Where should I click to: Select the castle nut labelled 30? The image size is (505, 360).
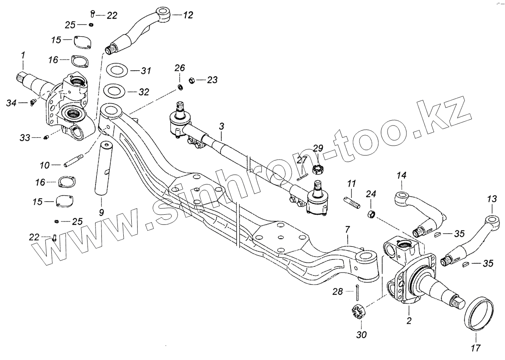click(x=357, y=312)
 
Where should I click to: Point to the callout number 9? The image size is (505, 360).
click(x=101, y=212)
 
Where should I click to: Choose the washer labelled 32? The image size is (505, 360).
click(x=113, y=91)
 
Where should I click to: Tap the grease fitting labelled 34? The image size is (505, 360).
click(x=33, y=102)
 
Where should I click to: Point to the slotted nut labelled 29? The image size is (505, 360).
click(x=318, y=170)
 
